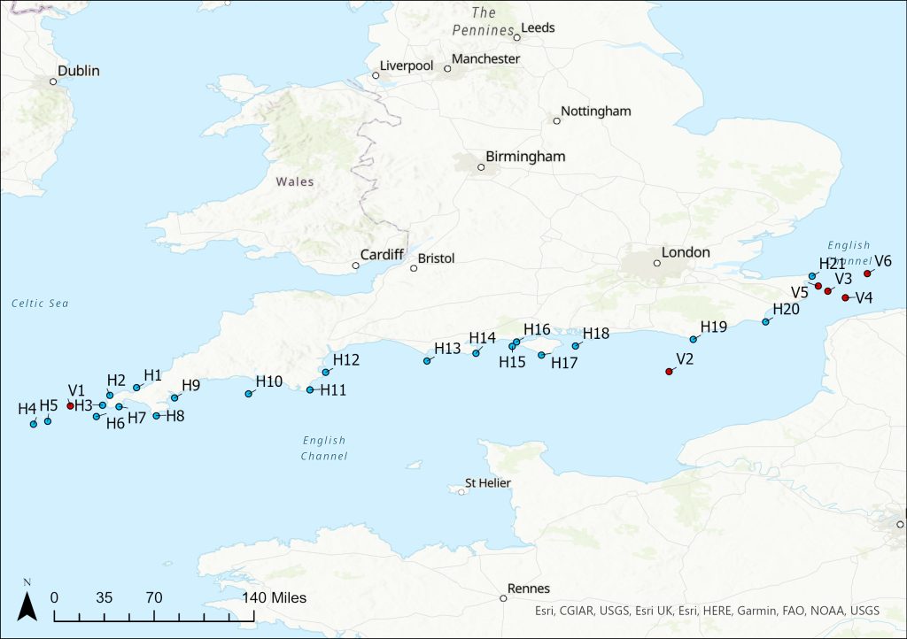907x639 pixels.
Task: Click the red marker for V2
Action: point(669,372)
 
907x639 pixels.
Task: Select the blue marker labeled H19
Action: point(694,340)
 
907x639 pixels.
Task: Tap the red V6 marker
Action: point(867,273)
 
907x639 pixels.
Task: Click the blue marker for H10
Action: point(248,394)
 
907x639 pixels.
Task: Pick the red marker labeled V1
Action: point(70,405)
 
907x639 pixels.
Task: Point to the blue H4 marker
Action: point(34,424)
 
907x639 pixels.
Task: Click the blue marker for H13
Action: point(427,361)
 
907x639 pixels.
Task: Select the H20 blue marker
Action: point(766,322)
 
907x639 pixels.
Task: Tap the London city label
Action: point(686,253)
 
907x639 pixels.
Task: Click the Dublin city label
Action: point(79,71)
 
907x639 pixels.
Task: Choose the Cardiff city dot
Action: point(355,266)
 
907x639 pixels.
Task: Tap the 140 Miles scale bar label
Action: point(275,597)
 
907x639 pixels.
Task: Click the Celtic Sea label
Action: point(40,304)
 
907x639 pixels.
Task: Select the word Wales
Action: point(295,182)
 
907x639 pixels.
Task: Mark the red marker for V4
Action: point(845,298)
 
